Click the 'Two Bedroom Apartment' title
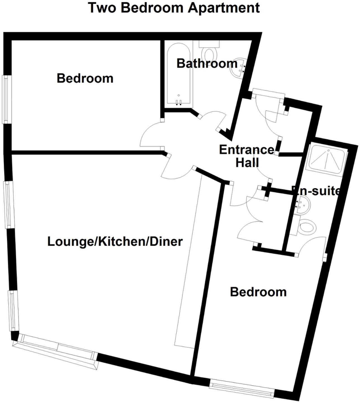click(x=174, y=8)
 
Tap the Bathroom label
click(x=207, y=64)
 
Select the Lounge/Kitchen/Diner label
click(x=115, y=242)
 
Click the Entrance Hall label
click(x=247, y=156)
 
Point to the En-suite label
click(x=316, y=191)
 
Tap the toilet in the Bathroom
click(x=210, y=52)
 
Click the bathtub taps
click(x=179, y=102)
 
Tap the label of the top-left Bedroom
click(x=85, y=78)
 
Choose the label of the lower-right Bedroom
click(x=258, y=292)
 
